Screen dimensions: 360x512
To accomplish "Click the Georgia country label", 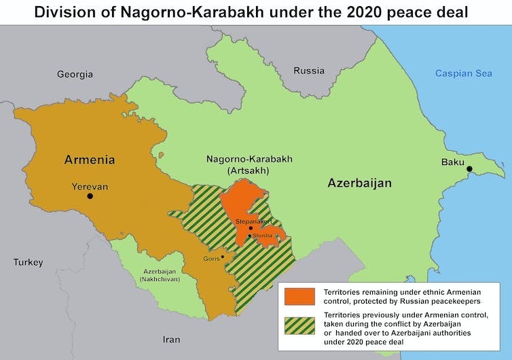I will coord(75,74).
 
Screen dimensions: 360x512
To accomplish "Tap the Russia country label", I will coord(309,71).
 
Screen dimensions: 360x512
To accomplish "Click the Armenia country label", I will coord(89,160).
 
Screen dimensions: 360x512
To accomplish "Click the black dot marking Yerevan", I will coord(90,196).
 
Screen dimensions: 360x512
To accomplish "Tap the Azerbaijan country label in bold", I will coord(359,183).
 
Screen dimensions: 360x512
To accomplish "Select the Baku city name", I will coord(452,162).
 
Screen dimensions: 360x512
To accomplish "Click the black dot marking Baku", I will coord(468,169).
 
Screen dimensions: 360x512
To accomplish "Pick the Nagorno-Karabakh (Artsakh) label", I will coord(249,164).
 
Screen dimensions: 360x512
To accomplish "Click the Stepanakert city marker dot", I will coord(251,228).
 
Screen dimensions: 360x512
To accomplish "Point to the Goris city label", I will coord(211,258).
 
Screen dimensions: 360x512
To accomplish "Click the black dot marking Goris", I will coord(223,257).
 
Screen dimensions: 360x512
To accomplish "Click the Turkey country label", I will coord(28,262).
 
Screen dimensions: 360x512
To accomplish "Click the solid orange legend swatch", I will coord(299,296).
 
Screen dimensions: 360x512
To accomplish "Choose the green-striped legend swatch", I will coord(299,325).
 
